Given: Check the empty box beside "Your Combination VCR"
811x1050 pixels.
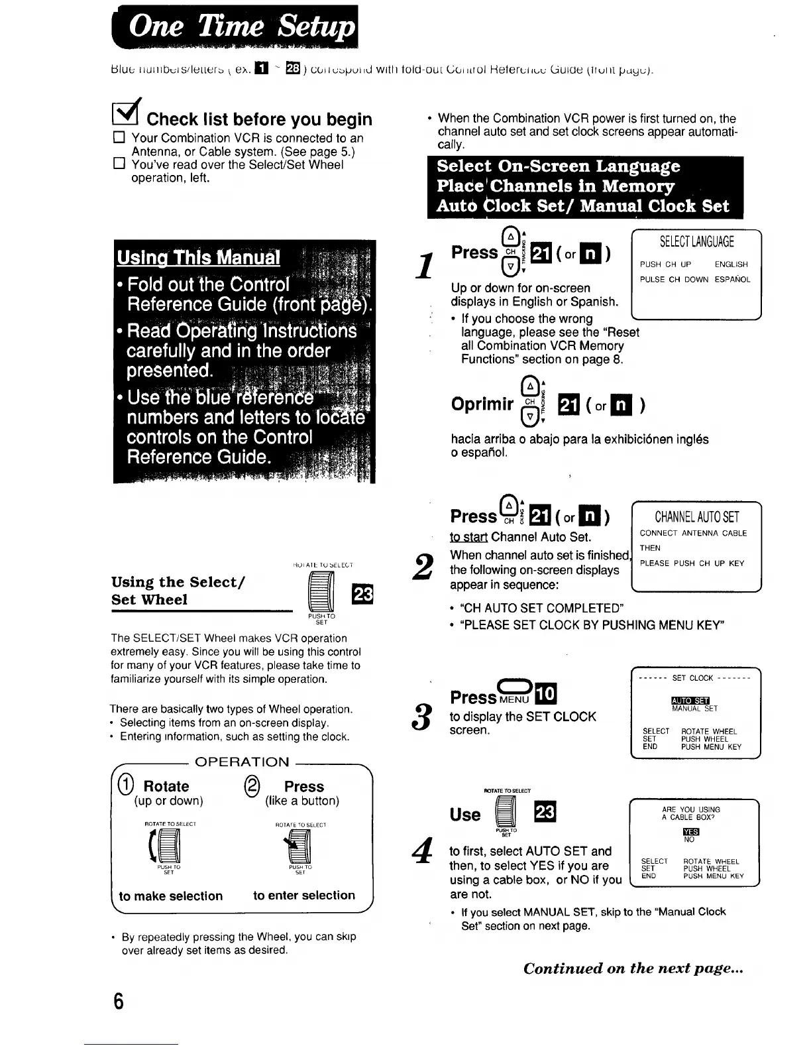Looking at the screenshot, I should pyautogui.click(x=119, y=138).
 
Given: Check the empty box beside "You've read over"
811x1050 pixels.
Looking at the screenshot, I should pyautogui.click(x=119, y=164).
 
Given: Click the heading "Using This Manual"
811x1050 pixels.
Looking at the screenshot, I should pyautogui.click(x=198, y=257).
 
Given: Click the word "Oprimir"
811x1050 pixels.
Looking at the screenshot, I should pyautogui.click(x=482, y=404).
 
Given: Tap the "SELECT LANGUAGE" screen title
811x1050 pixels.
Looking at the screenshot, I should pyautogui.click(x=696, y=242).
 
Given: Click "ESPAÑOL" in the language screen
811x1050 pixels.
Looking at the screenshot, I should pyautogui.click(x=732, y=279).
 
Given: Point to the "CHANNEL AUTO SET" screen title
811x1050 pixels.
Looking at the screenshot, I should pyautogui.click(x=696, y=517).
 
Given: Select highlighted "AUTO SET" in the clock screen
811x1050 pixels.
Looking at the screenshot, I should pyautogui.click(x=690, y=701).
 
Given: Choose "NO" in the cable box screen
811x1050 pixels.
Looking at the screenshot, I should pyautogui.click(x=690, y=839).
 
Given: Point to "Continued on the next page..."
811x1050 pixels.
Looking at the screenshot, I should pyautogui.click(x=633, y=968).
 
